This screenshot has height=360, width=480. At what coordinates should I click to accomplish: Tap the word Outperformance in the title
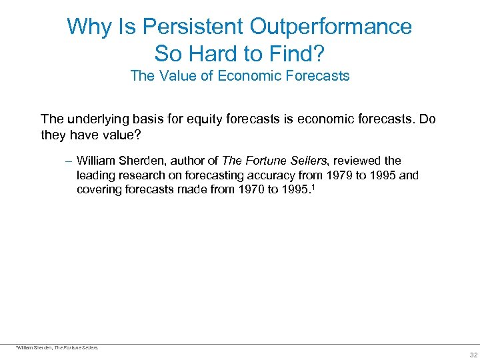point(331,27)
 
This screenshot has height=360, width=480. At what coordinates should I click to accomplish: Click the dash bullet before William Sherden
point(69,161)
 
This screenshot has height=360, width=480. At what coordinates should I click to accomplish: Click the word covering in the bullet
point(99,190)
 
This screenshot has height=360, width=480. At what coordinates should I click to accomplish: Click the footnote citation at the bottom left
point(57,347)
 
